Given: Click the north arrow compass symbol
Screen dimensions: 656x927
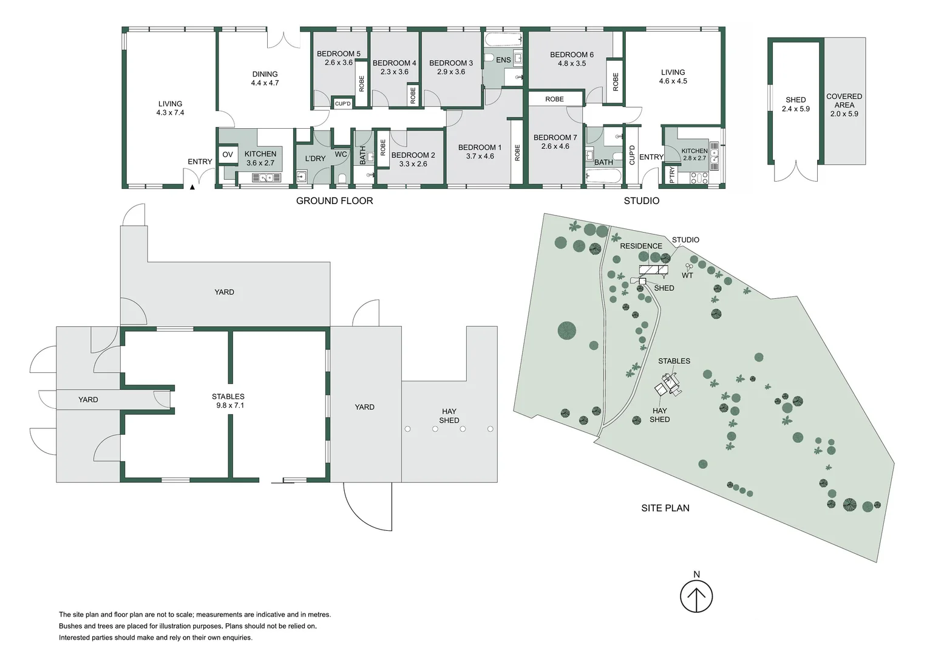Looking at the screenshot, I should pos(696,596).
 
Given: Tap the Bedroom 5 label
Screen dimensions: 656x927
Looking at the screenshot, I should pos(338,54).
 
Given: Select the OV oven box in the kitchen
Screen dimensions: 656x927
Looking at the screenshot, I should pos(228,155).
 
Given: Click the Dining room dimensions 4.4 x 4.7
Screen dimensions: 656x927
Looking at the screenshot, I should pos(265,83).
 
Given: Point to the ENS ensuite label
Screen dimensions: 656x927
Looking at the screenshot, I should pos(503,60).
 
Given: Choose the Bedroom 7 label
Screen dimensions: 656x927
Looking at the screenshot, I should pos(555,138).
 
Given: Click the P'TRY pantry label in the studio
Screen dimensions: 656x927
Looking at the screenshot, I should pos(671,175).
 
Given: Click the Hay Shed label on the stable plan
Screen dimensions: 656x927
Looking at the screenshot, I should pos(449,416).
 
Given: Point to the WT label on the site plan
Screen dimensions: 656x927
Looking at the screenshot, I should pos(687,276).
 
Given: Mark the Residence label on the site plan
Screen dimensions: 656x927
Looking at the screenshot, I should pos(640,246).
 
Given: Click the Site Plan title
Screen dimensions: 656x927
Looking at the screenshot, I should pos(665,508).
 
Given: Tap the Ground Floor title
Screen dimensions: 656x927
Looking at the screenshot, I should pos(334,201).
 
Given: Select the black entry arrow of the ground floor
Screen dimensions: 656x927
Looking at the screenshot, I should pos(192,188).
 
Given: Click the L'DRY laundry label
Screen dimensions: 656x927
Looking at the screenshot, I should pos(315,159).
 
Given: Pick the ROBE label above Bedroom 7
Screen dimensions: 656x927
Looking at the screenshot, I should pos(554,99).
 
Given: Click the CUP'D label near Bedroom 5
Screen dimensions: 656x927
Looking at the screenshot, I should pos(343,104).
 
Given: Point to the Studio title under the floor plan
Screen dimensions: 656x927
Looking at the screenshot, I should pos(641,201).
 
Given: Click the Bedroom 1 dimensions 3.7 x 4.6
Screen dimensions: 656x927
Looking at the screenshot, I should pos(480,157).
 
